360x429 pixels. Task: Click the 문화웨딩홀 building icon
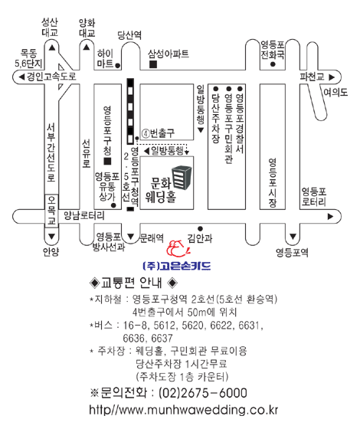click(x=182, y=178)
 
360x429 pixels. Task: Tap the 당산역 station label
click(x=129, y=35)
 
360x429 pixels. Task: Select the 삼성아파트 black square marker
click(x=153, y=64)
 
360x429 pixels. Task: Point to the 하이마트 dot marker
click(x=118, y=66)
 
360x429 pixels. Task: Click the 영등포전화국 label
click(x=272, y=50)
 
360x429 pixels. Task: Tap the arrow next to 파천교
click(x=332, y=77)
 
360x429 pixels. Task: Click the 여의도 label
click(x=335, y=93)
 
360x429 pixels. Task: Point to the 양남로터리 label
click(x=84, y=215)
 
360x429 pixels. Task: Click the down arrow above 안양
click(x=51, y=236)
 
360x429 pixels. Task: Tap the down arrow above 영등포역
click(x=293, y=236)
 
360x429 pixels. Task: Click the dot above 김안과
click(x=200, y=229)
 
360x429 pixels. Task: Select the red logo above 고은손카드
click(x=178, y=248)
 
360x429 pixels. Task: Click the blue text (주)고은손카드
click(x=177, y=266)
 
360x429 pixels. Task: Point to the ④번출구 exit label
click(x=158, y=133)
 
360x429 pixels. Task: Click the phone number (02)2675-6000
click(x=203, y=393)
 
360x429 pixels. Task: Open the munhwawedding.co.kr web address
click(x=183, y=410)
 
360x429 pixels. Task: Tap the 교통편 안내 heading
click(x=133, y=283)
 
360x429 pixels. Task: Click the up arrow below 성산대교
click(x=52, y=48)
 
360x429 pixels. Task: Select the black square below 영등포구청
click(x=107, y=161)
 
